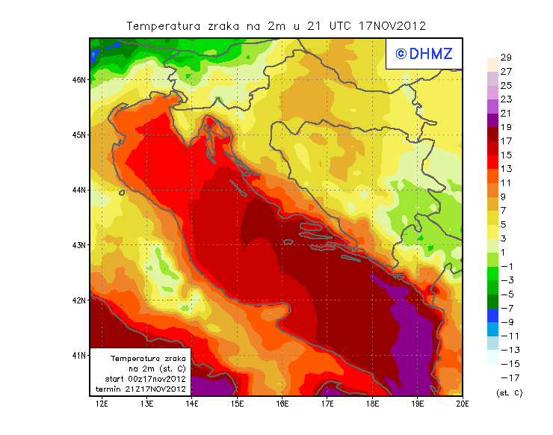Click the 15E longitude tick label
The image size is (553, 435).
(x=238, y=404)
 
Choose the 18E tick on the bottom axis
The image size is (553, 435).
(x=372, y=404)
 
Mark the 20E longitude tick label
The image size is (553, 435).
(x=463, y=404)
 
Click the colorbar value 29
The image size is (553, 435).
(x=506, y=58)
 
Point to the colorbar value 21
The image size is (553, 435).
(x=506, y=114)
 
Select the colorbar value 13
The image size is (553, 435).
(x=506, y=169)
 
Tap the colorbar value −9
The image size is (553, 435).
(x=506, y=322)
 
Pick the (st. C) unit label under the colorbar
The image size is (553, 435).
(x=509, y=392)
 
